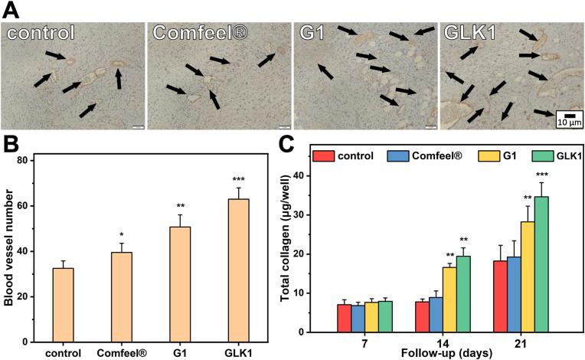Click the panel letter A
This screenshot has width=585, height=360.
pos(11,9)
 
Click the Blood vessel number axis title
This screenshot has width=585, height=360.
pos(9,250)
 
